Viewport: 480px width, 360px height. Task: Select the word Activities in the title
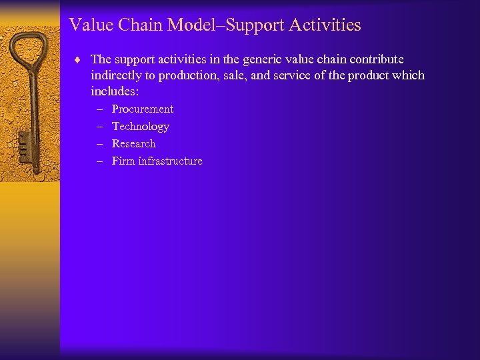click(327, 25)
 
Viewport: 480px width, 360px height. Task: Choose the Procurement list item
click(143, 109)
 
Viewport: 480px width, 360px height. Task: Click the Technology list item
click(141, 127)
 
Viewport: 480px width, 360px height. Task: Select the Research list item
click(134, 144)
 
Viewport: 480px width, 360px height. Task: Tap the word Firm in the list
click(123, 161)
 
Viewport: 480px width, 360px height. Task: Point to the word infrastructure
click(170, 161)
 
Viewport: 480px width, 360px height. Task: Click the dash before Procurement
click(99, 109)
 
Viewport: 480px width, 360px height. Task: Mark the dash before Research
click(99, 144)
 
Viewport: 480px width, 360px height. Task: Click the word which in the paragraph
click(409, 75)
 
